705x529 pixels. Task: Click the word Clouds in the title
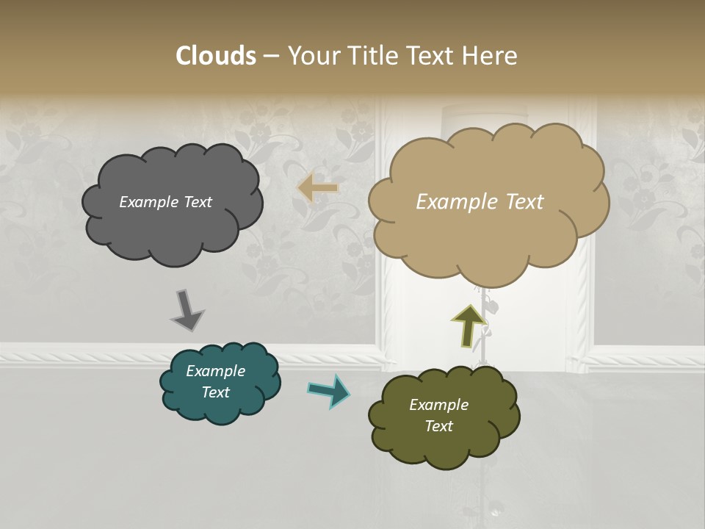[x=215, y=56]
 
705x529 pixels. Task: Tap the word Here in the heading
[x=490, y=56]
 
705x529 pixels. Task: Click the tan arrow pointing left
[x=317, y=188]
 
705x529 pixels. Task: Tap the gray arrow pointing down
[x=188, y=310]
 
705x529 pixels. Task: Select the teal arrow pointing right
[x=329, y=391]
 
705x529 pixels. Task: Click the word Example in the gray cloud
[x=148, y=202]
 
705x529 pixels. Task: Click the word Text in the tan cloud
[x=519, y=202]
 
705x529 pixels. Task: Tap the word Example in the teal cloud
[x=215, y=371]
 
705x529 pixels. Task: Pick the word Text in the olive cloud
[x=438, y=426]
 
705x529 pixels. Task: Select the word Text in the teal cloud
[x=215, y=392]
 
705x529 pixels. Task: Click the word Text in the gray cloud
[x=197, y=202]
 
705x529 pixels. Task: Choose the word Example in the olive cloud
[x=438, y=405]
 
